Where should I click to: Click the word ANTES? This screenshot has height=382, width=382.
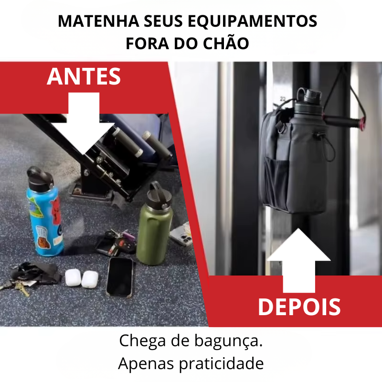84,76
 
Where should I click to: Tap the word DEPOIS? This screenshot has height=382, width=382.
299,307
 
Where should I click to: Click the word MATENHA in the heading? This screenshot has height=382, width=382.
98,21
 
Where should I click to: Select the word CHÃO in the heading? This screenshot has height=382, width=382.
226,43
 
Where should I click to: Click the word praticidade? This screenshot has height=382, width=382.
222,364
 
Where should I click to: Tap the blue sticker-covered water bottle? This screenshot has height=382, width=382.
45,212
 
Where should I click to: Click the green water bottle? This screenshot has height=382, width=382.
154,223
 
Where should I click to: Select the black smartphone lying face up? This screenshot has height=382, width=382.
120,277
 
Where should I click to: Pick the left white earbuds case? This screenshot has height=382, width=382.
73,277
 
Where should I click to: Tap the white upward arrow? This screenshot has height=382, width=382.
299,260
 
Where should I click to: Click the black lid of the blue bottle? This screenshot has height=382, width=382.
40,179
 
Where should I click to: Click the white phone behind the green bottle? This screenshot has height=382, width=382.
180,234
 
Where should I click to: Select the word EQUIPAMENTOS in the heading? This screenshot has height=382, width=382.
253,21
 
